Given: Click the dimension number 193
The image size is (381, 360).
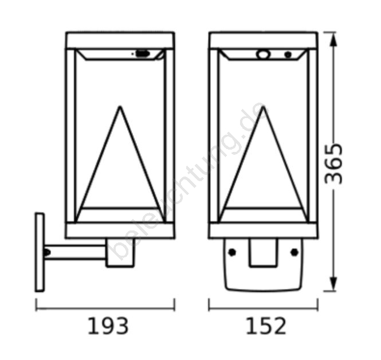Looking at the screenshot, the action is point(108,326).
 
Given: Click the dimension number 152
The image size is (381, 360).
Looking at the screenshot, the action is point(266,326).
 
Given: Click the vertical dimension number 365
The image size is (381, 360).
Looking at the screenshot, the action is point(333,164).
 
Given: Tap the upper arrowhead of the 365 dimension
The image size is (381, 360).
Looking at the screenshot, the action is point(333,39).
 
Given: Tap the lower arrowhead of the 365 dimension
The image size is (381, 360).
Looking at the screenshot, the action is point(333,284).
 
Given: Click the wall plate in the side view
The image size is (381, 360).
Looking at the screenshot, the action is point(40,252).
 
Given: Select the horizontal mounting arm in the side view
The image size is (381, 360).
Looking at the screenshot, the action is point(75,252).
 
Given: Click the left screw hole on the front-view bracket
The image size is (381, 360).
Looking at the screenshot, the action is point(232,252).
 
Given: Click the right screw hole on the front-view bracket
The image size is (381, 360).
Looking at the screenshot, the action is point(294,252).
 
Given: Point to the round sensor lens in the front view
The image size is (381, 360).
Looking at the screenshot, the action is point(262,54).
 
